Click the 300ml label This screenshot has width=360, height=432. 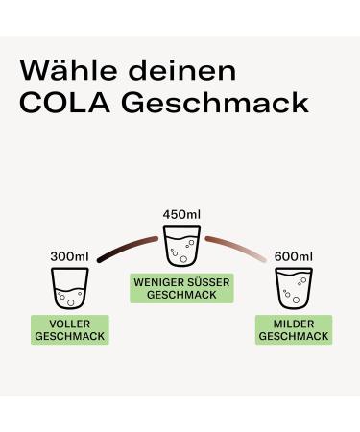coord(69,257)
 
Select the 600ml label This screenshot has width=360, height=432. coord(293,257)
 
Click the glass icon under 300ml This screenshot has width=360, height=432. coord(69,288)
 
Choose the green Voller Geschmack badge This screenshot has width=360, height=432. coord(69,330)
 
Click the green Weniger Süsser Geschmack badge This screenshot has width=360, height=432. coord(181,288)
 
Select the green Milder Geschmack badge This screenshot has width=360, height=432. coord(293,330)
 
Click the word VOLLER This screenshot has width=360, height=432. coord(69,324)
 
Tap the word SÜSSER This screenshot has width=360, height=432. coord(204,281)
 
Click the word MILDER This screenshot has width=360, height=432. coord(293,324)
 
